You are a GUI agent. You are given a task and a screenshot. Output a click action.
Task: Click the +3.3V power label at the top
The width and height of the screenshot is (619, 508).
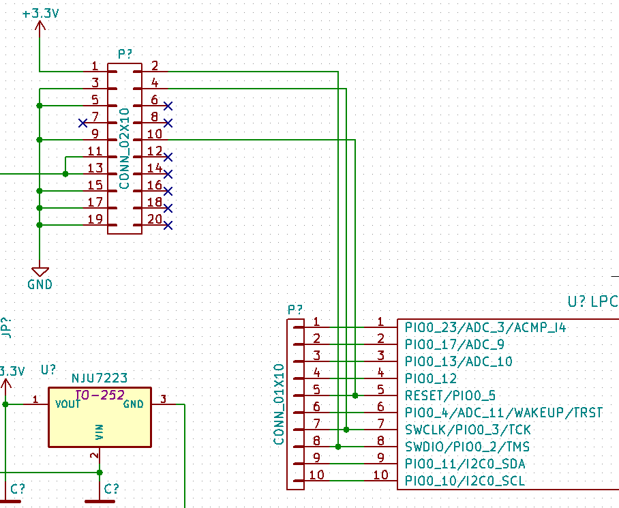[40, 13]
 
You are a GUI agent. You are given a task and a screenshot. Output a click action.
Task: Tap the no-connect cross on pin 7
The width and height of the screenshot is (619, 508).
[83, 123]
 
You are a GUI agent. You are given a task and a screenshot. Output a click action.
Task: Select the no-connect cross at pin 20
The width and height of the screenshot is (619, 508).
[168, 225]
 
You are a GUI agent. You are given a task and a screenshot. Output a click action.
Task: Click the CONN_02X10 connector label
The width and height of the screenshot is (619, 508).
[124, 148]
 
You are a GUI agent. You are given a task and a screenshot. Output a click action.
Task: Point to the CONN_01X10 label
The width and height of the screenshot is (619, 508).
[278, 404]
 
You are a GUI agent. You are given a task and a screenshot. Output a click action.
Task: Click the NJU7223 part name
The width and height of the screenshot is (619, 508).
[100, 378]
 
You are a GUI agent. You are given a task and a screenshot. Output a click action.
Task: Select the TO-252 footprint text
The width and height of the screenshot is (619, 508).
[100, 395]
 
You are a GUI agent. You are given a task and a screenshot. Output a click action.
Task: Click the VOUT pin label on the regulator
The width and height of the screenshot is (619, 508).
[68, 404]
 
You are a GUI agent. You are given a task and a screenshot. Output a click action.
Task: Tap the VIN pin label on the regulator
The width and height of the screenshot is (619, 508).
[100, 432]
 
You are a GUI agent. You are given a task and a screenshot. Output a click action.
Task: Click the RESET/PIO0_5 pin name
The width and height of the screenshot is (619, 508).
[450, 395]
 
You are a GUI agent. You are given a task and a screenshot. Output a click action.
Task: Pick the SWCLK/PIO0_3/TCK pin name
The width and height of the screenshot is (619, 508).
[468, 430]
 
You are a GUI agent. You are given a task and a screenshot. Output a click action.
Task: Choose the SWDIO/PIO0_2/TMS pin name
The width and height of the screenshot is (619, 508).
[468, 447]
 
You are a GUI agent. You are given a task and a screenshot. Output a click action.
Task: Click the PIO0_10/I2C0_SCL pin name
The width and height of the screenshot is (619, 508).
[465, 481]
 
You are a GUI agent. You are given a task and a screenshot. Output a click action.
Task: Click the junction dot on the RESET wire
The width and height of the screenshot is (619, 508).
[355, 395]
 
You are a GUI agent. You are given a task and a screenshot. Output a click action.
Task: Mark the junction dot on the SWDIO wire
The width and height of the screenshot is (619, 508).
[339, 447]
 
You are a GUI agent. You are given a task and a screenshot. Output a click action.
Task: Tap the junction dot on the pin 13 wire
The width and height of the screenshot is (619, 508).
[65, 174]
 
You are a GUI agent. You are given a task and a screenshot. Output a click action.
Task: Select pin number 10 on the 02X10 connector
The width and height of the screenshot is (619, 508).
[155, 134]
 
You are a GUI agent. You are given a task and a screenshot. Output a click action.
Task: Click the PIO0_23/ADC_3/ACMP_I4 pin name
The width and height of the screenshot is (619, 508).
[485, 327]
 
